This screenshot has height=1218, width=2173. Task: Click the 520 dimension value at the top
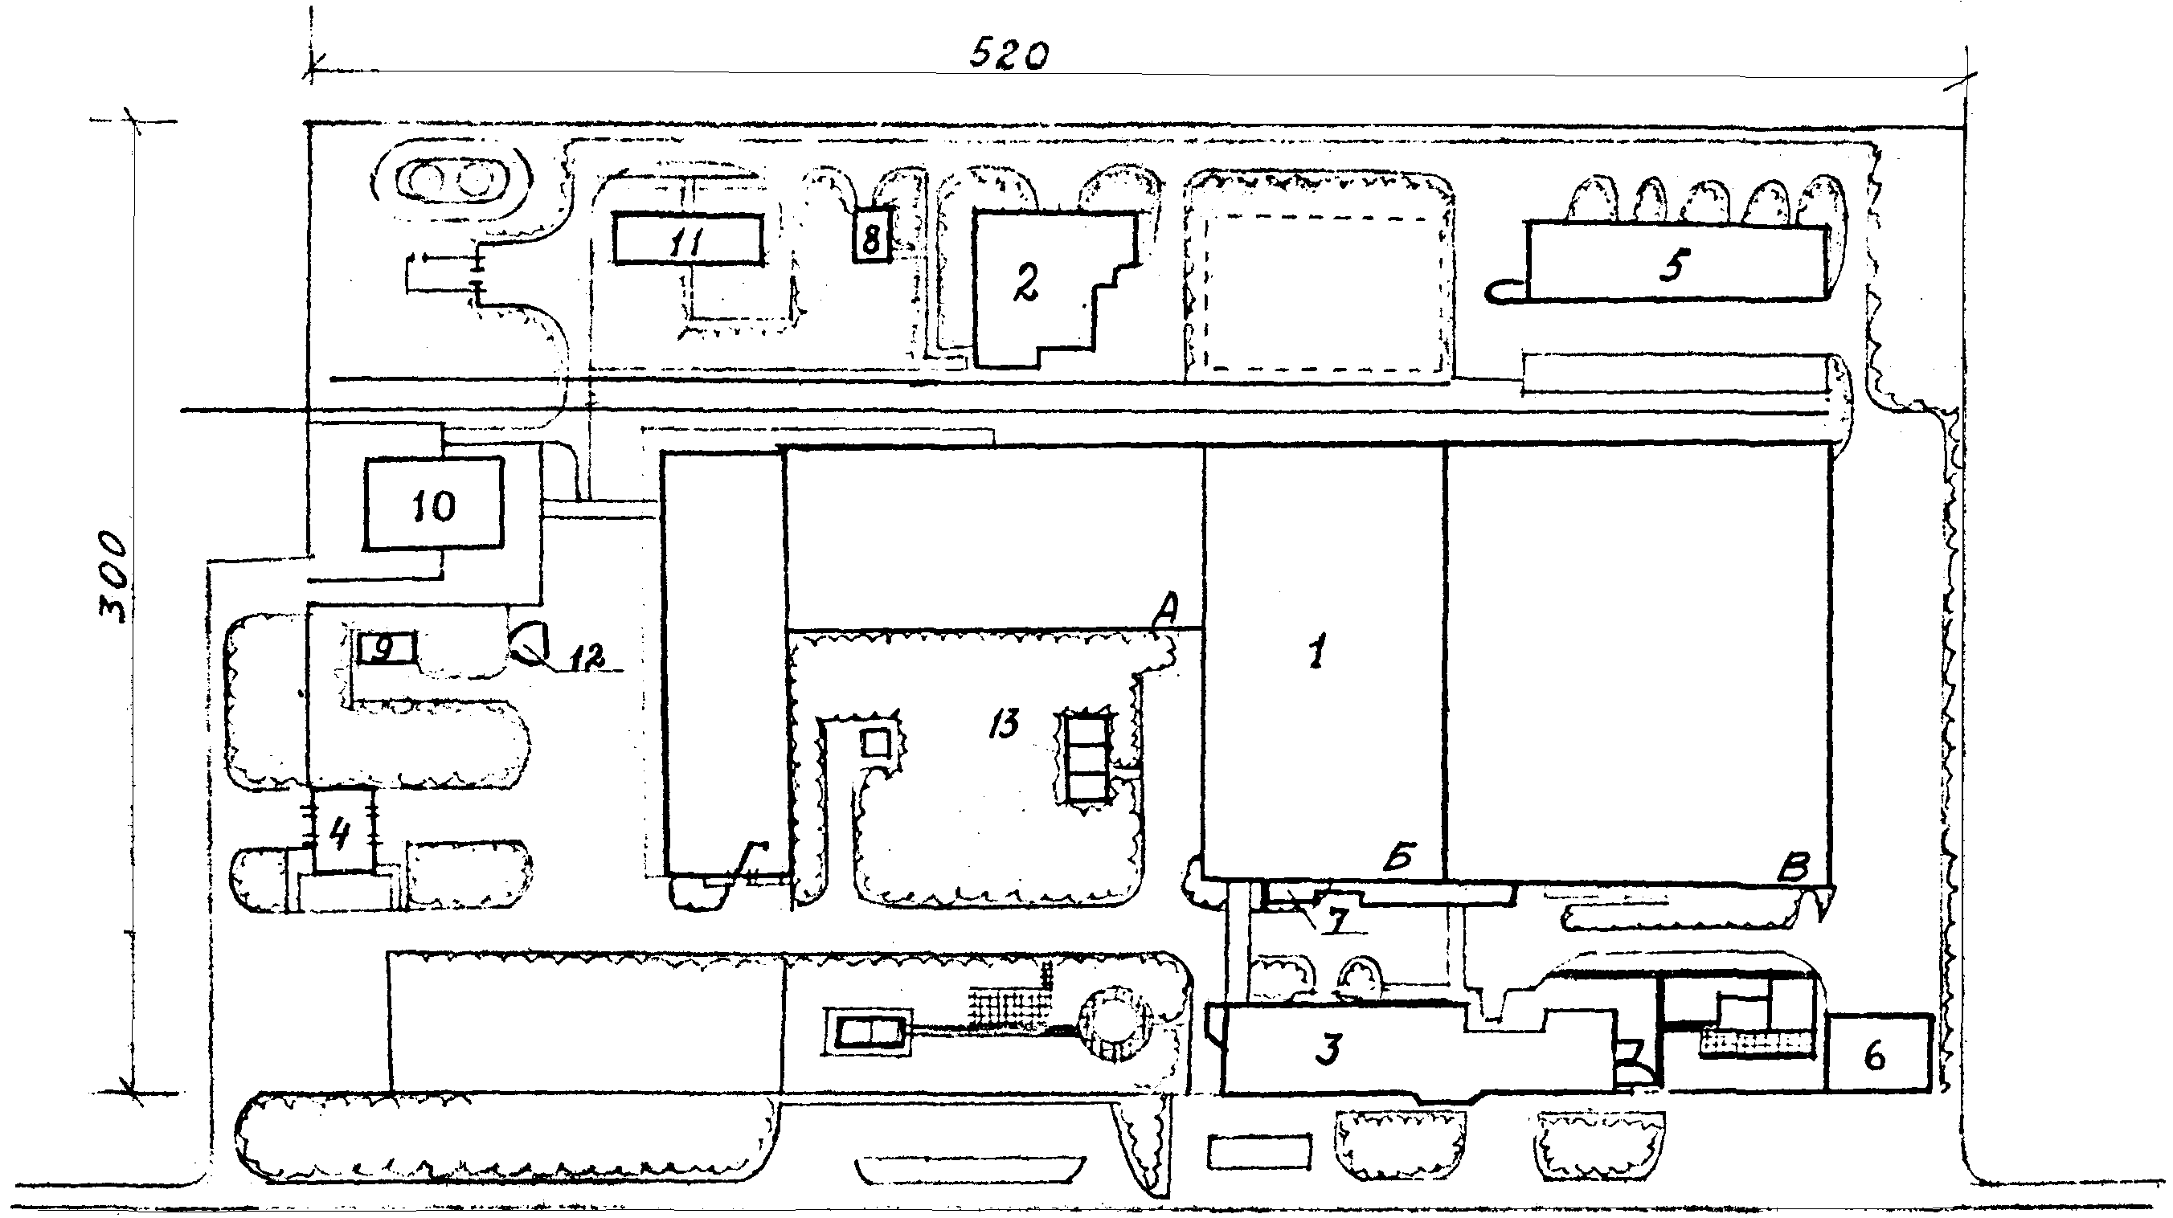pyautogui.click(x=1008, y=56)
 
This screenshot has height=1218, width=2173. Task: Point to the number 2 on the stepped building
pyautogui.click(x=1025, y=284)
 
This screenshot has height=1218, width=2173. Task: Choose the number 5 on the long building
pyautogui.click(x=1673, y=264)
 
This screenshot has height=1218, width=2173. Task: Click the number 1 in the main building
pyautogui.click(x=1317, y=652)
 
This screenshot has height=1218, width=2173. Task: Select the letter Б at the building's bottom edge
pyautogui.click(x=1400, y=856)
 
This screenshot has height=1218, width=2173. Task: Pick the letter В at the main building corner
pyautogui.click(x=1793, y=867)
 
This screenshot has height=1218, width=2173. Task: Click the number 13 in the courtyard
pyautogui.click(x=1004, y=723)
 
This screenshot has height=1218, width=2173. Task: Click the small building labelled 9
pyautogui.click(x=386, y=648)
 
